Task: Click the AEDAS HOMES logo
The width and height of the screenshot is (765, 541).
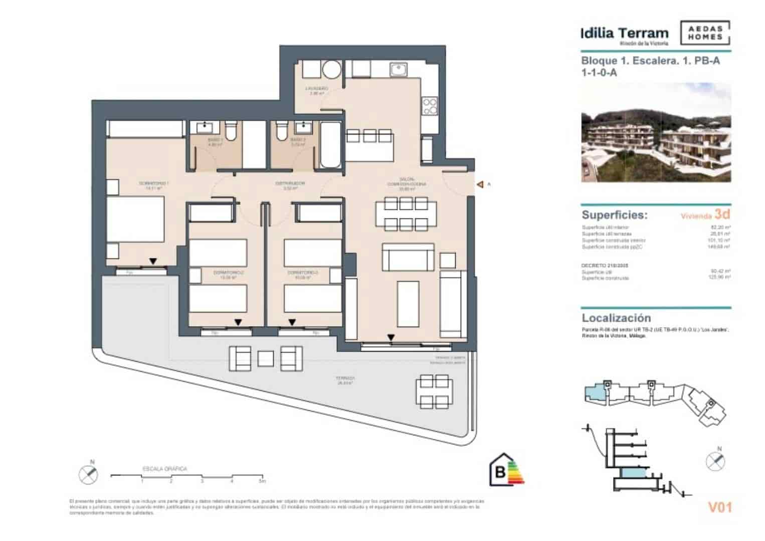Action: (705, 33)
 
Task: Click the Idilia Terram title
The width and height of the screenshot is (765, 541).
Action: (624, 34)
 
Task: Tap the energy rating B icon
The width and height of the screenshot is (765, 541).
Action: (506, 470)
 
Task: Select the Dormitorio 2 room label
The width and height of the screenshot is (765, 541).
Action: (228, 273)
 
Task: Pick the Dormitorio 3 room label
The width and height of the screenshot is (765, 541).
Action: (302, 273)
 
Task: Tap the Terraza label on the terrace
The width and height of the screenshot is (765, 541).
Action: (345, 379)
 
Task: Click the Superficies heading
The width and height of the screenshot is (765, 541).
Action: (614, 215)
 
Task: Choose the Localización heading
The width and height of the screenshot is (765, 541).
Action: (616, 318)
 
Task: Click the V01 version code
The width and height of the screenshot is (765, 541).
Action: (719, 507)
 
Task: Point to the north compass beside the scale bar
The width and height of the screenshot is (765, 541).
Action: (89, 473)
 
